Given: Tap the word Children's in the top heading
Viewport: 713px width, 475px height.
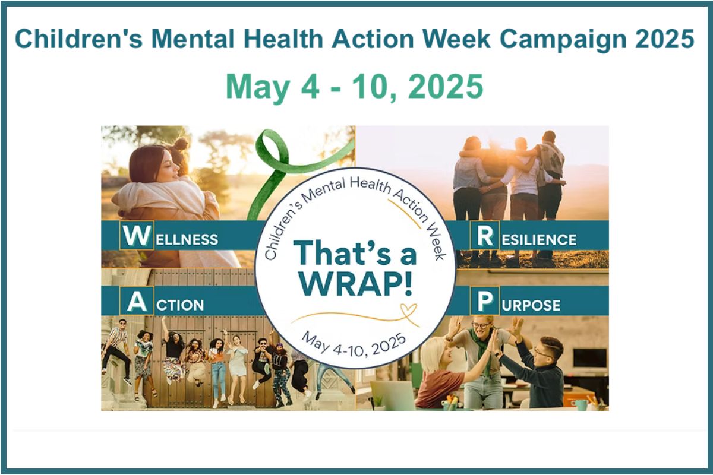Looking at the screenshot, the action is point(78,39).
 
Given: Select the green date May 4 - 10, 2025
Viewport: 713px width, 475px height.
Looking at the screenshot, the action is point(354,87).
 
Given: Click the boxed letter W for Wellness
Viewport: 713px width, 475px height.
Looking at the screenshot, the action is point(137,236).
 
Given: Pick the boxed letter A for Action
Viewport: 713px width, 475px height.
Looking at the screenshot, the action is point(137,300).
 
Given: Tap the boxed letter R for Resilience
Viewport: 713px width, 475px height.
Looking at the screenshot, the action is point(485,236).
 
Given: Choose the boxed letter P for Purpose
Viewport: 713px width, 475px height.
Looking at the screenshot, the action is point(485,300).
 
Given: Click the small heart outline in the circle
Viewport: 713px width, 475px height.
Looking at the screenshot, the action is point(408,309).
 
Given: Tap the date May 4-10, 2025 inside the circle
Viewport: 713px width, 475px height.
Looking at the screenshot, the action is point(354,346).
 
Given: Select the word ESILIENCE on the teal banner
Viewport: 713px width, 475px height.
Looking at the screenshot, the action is point(540,240).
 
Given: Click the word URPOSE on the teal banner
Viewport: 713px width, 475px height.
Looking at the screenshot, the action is point(531,305).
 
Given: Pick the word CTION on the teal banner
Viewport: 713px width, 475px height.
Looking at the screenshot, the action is point(180,305).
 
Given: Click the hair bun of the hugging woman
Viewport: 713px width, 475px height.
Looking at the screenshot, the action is point(182,143).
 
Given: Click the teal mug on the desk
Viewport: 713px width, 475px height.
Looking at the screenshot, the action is point(581,404).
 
